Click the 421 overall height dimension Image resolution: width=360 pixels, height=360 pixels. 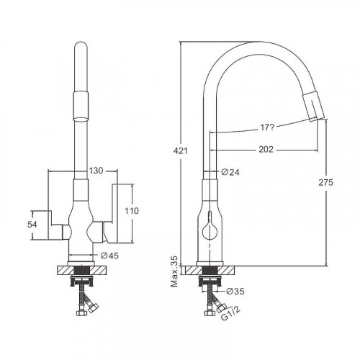(x=180, y=150)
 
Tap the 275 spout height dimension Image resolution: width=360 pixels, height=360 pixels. (x=326, y=182)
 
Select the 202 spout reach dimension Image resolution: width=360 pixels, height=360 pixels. (x=266, y=149)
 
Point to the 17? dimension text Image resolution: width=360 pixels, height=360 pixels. (x=267, y=127)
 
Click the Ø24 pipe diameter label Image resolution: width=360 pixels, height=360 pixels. (x=230, y=172)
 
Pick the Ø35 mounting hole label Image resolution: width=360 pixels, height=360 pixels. (x=235, y=291)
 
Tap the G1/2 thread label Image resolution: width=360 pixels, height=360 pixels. (x=230, y=313)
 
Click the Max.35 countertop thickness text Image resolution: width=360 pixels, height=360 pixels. (x=174, y=271)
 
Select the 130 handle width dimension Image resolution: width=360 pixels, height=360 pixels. (x=96, y=171)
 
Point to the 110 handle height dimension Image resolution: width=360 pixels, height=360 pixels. (x=132, y=211)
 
